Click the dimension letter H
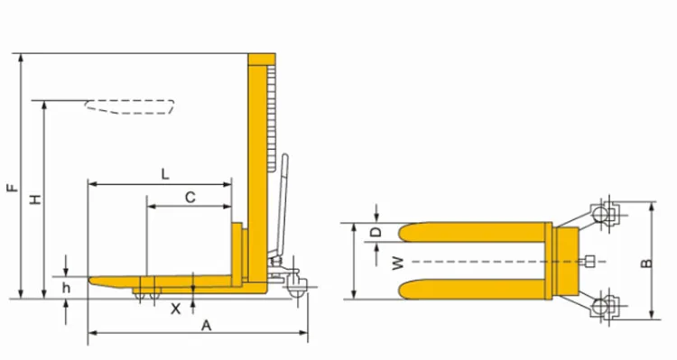(x=35, y=198)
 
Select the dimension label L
(x=164, y=172)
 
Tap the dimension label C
(x=190, y=196)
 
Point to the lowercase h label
(x=66, y=288)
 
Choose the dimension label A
(x=206, y=325)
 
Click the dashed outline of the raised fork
(x=129, y=106)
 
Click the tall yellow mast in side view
(x=257, y=162)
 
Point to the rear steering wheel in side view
(x=295, y=291)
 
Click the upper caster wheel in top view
(x=602, y=215)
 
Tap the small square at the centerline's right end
(x=589, y=263)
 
